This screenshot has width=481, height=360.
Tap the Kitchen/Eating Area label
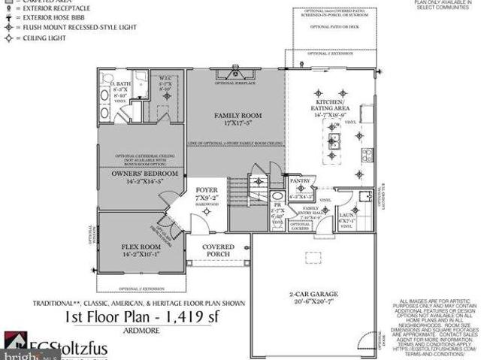point(330,106)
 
